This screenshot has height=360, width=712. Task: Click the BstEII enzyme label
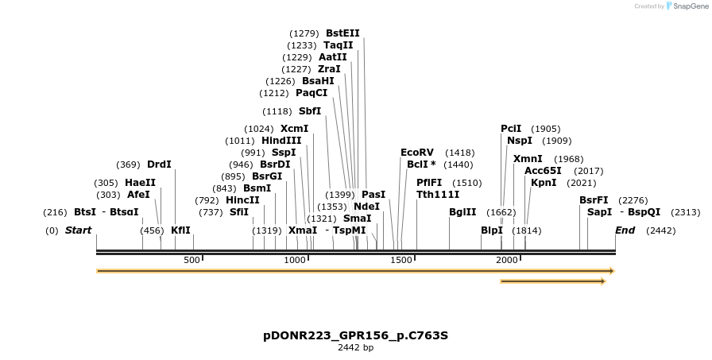(342, 33)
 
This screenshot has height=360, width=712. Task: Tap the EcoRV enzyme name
(417, 153)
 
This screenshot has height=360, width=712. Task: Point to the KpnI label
(544, 183)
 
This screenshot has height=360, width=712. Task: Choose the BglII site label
(462, 212)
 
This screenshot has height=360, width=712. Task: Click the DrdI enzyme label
(159, 165)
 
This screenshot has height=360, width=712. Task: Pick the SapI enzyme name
(599, 212)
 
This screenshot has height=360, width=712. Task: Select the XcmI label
(294, 129)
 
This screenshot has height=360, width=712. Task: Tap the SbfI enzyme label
(309, 111)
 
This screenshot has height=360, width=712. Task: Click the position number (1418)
(459, 153)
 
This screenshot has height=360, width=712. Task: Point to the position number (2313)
(685, 212)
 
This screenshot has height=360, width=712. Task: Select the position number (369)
(128, 165)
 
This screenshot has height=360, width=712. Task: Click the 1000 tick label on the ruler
(295, 260)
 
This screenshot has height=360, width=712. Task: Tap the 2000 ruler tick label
(506, 260)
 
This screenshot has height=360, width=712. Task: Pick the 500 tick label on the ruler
(192, 260)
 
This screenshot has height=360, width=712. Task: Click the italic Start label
(78, 230)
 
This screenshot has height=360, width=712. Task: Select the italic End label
(625, 230)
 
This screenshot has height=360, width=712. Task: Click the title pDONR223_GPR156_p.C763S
(355, 335)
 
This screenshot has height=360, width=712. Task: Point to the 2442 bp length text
(355, 347)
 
